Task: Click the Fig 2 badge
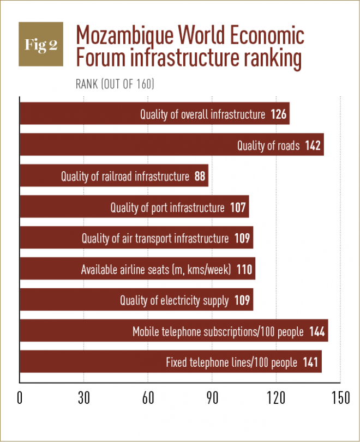[41, 45]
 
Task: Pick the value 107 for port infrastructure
[238, 208]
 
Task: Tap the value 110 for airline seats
[245, 270]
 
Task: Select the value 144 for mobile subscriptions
[317, 331]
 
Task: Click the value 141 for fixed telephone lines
[311, 362]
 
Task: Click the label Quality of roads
[268, 146]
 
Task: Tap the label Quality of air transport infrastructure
[155, 239]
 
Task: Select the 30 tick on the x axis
[83, 398]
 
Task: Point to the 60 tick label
[148, 398]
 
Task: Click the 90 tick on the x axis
[212, 398]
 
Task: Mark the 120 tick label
[276, 398]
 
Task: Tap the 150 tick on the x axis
[340, 398]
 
